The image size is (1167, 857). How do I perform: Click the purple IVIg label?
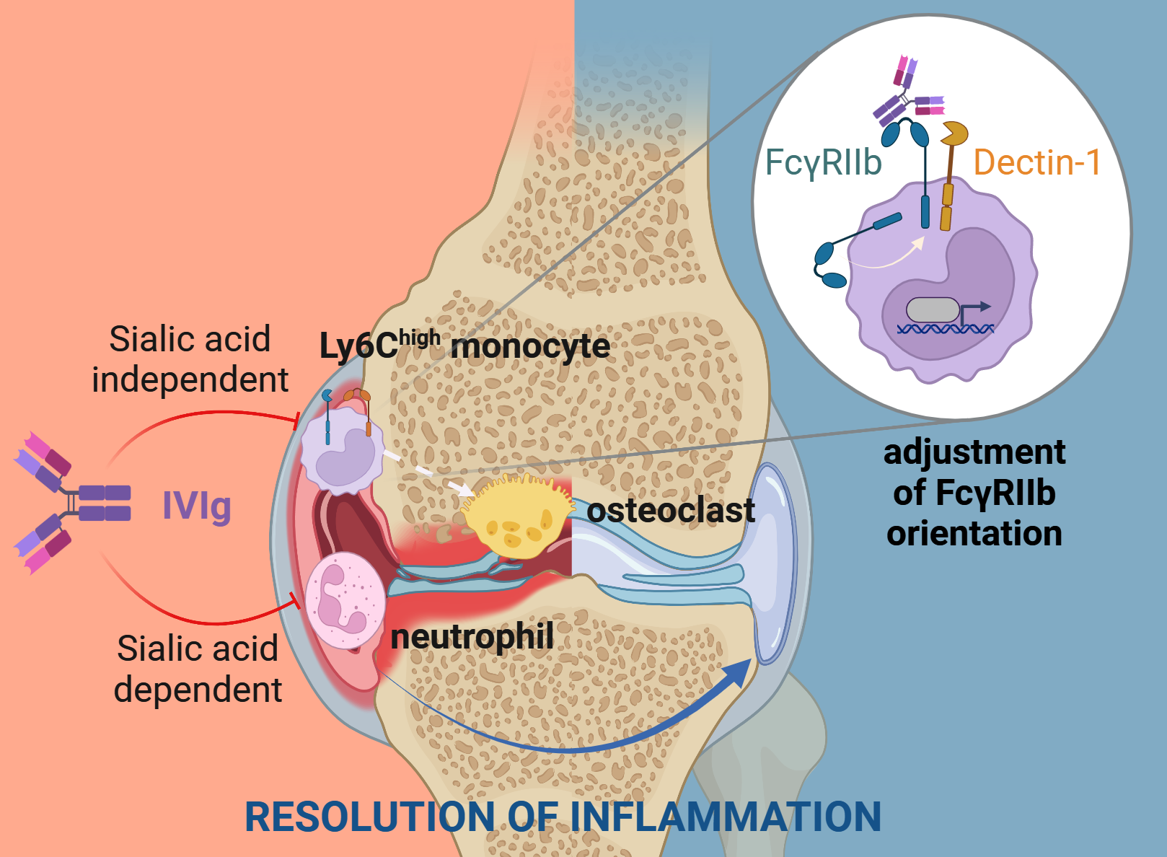196,506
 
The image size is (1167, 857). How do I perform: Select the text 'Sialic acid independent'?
190,359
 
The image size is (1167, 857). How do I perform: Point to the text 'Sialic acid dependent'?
198,669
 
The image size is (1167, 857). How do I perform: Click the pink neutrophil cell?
345,600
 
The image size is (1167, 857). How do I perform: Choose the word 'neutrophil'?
472,637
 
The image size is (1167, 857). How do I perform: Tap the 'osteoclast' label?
671,511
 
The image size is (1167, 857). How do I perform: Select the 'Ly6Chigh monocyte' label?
464,346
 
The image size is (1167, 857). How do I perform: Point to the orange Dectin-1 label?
1036,163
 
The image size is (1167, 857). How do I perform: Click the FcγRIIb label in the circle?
823,163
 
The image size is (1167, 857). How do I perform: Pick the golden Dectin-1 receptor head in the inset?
955,133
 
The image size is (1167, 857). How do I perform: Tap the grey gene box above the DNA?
932,309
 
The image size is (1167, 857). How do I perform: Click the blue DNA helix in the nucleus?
945,329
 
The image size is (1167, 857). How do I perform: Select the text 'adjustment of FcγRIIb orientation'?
974,493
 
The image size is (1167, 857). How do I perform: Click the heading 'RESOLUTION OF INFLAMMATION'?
563,817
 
